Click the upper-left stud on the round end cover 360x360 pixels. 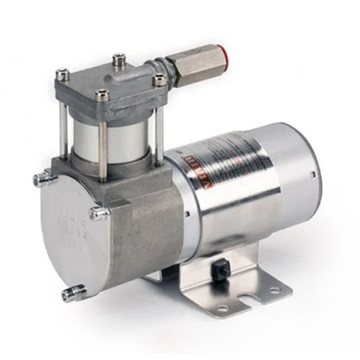[41, 178]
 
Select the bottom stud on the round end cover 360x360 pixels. [71, 293]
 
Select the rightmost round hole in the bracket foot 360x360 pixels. [274, 290]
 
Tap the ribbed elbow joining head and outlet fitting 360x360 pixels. [157, 64]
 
